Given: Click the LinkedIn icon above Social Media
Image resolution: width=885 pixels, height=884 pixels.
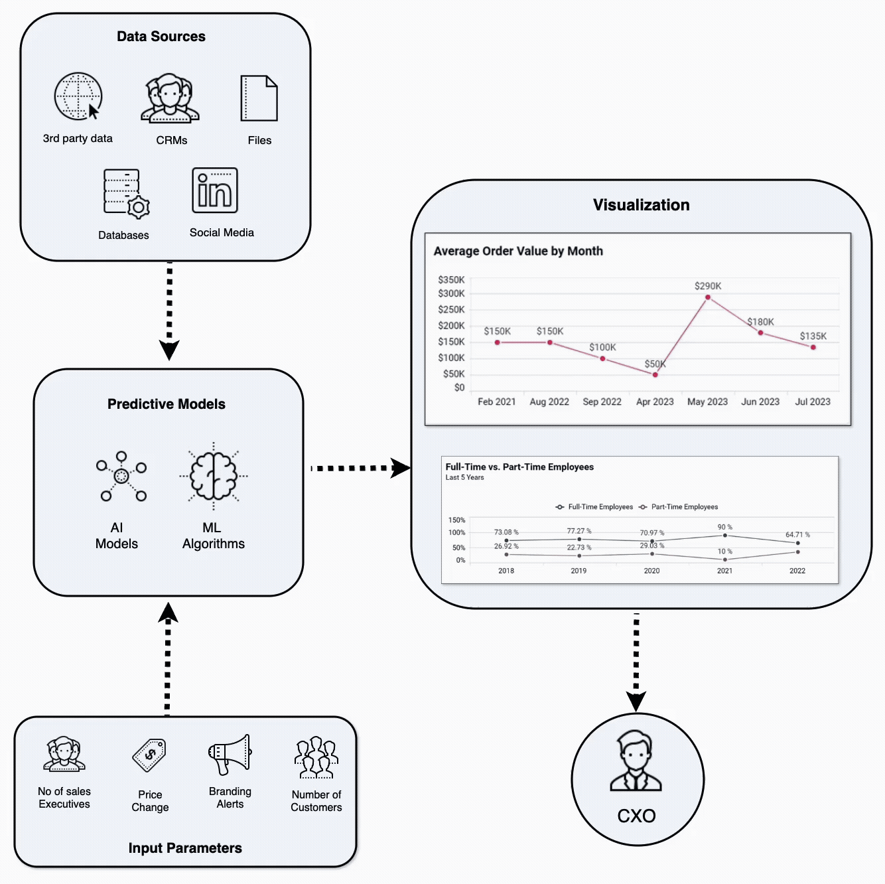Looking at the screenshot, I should (215, 190).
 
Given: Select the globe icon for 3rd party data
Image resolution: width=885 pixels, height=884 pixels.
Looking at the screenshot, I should (78, 96).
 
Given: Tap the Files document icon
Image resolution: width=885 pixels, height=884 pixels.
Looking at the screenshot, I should (259, 98).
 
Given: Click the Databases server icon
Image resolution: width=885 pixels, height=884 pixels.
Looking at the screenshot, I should (125, 193).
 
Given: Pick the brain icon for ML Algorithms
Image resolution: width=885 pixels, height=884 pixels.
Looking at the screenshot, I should (214, 476).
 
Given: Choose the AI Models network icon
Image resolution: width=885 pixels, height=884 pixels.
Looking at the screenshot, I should (121, 476).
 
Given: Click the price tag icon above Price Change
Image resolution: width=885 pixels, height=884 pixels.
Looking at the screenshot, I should (150, 755).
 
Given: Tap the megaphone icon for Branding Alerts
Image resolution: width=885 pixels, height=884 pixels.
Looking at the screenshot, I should (230, 755).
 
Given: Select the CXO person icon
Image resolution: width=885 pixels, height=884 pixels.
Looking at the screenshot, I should (636, 761).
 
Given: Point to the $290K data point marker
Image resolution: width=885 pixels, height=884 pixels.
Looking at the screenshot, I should (708, 297).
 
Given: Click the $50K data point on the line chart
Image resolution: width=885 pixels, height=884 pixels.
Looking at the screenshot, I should (655, 375).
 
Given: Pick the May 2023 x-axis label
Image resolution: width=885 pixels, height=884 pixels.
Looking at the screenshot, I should (707, 402).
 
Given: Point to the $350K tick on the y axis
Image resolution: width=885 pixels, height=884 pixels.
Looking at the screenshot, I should (451, 280).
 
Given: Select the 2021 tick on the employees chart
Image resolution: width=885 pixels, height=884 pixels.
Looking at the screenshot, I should (724, 571).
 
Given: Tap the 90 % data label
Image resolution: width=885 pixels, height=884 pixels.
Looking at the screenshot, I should (724, 527).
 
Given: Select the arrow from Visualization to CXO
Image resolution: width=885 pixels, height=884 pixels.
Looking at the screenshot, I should (636, 661).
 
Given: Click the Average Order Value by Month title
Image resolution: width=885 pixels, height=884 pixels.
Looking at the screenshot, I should (518, 251).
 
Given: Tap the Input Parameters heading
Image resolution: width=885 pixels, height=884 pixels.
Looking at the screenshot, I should (185, 848).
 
